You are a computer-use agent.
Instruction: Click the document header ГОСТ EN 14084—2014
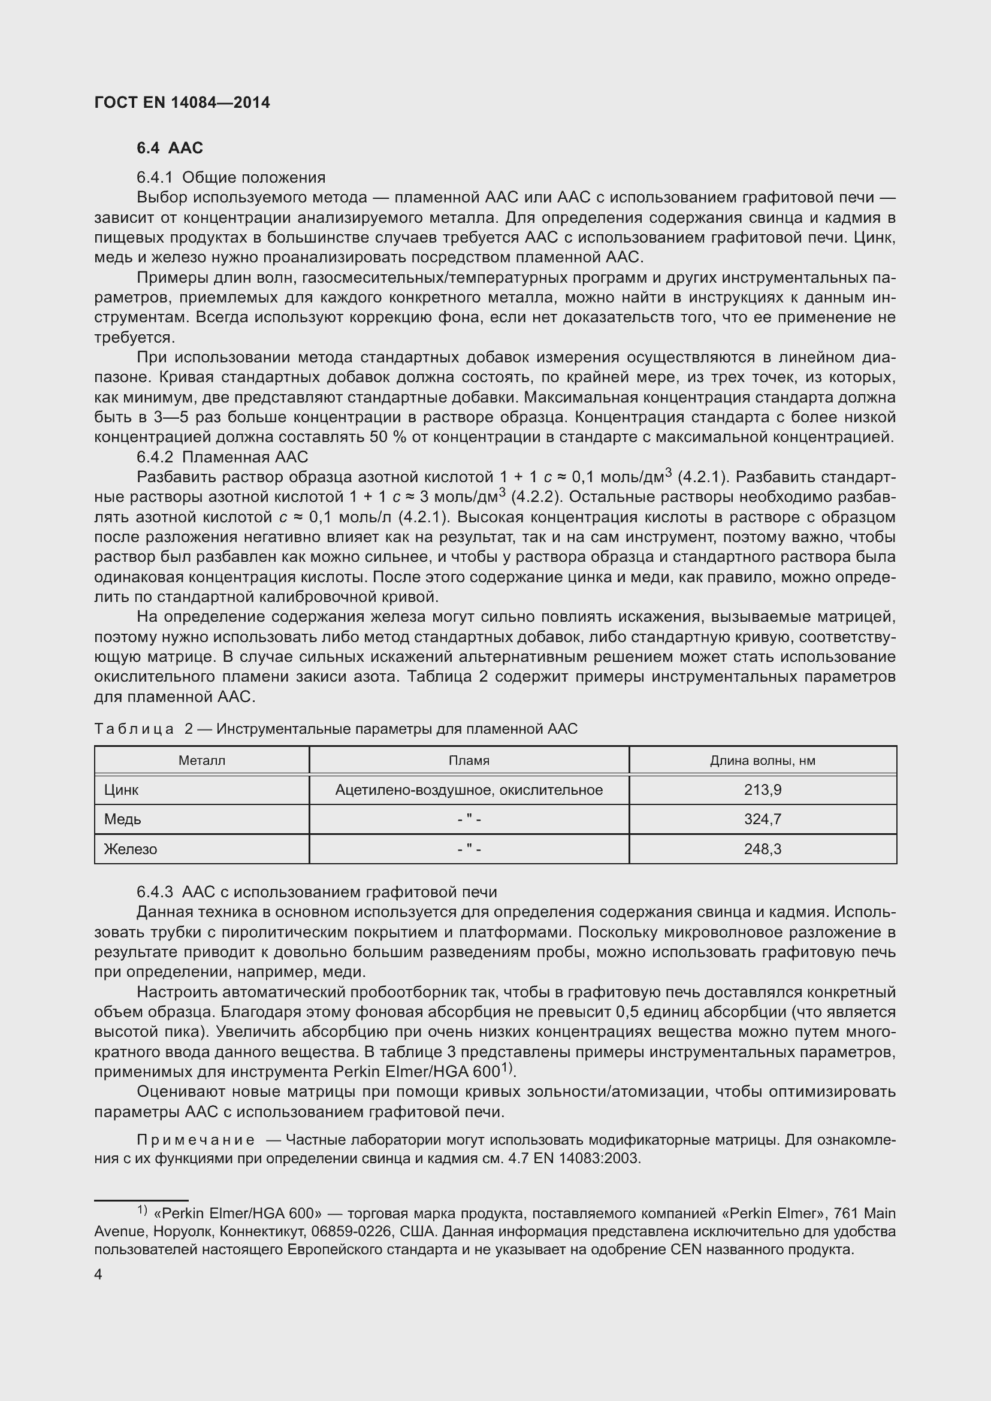[x=182, y=102]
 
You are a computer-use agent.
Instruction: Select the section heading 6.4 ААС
[x=170, y=148]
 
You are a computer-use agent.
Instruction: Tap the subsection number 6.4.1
[x=155, y=177]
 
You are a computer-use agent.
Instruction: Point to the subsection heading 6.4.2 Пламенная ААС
[x=223, y=457]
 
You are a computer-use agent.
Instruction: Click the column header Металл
[x=201, y=760]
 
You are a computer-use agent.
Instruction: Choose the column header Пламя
[x=469, y=760]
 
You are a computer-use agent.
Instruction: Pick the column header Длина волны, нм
[x=762, y=760]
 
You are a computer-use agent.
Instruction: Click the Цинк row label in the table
[x=121, y=790]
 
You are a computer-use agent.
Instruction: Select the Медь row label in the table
[x=122, y=819]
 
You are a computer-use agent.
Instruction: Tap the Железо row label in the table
[x=130, y=849]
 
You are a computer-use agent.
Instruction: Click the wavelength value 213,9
[x=762, y=790]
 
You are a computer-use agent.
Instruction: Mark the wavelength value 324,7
[x=762, y=819]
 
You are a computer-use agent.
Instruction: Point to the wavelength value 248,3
[x=762, y=849]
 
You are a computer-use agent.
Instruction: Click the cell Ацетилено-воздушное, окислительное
[x=469, y=790]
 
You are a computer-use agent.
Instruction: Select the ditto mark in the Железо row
[x=469, y=849]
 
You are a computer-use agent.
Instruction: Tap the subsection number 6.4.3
[x=155, y=892]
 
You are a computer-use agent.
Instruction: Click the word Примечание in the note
[x=196, y=1140]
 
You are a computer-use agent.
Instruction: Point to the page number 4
[x=98, y=1274]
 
